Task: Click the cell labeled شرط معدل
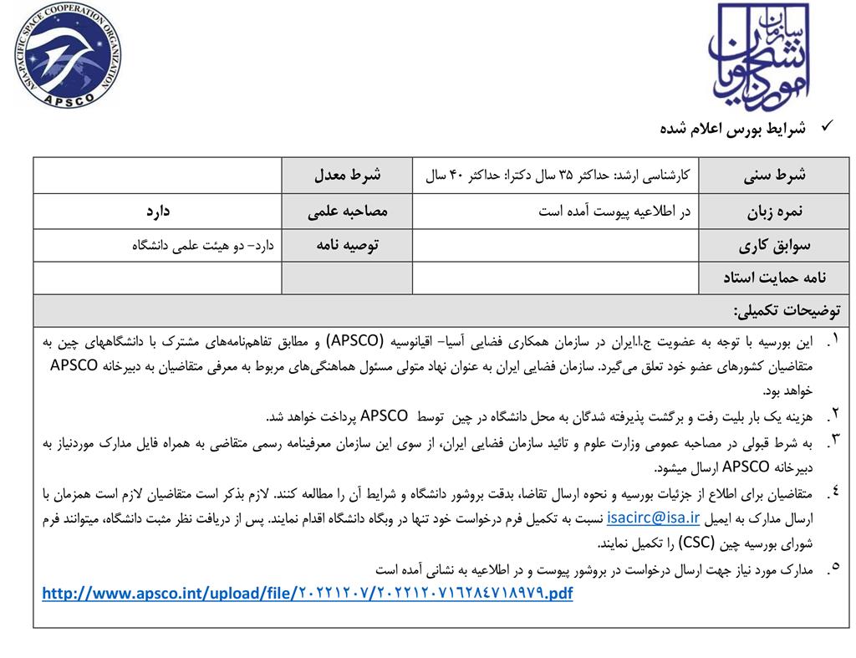(x=347, y=176)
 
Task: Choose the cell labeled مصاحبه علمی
(x=347, y=211)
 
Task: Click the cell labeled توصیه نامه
(x=347, y=245)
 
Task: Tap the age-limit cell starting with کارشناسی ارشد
(x=557, y=176)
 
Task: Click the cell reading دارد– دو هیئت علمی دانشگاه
(x=204, y=245)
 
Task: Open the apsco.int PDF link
(x=308, y=594)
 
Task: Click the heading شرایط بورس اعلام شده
(x=732, y=128)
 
